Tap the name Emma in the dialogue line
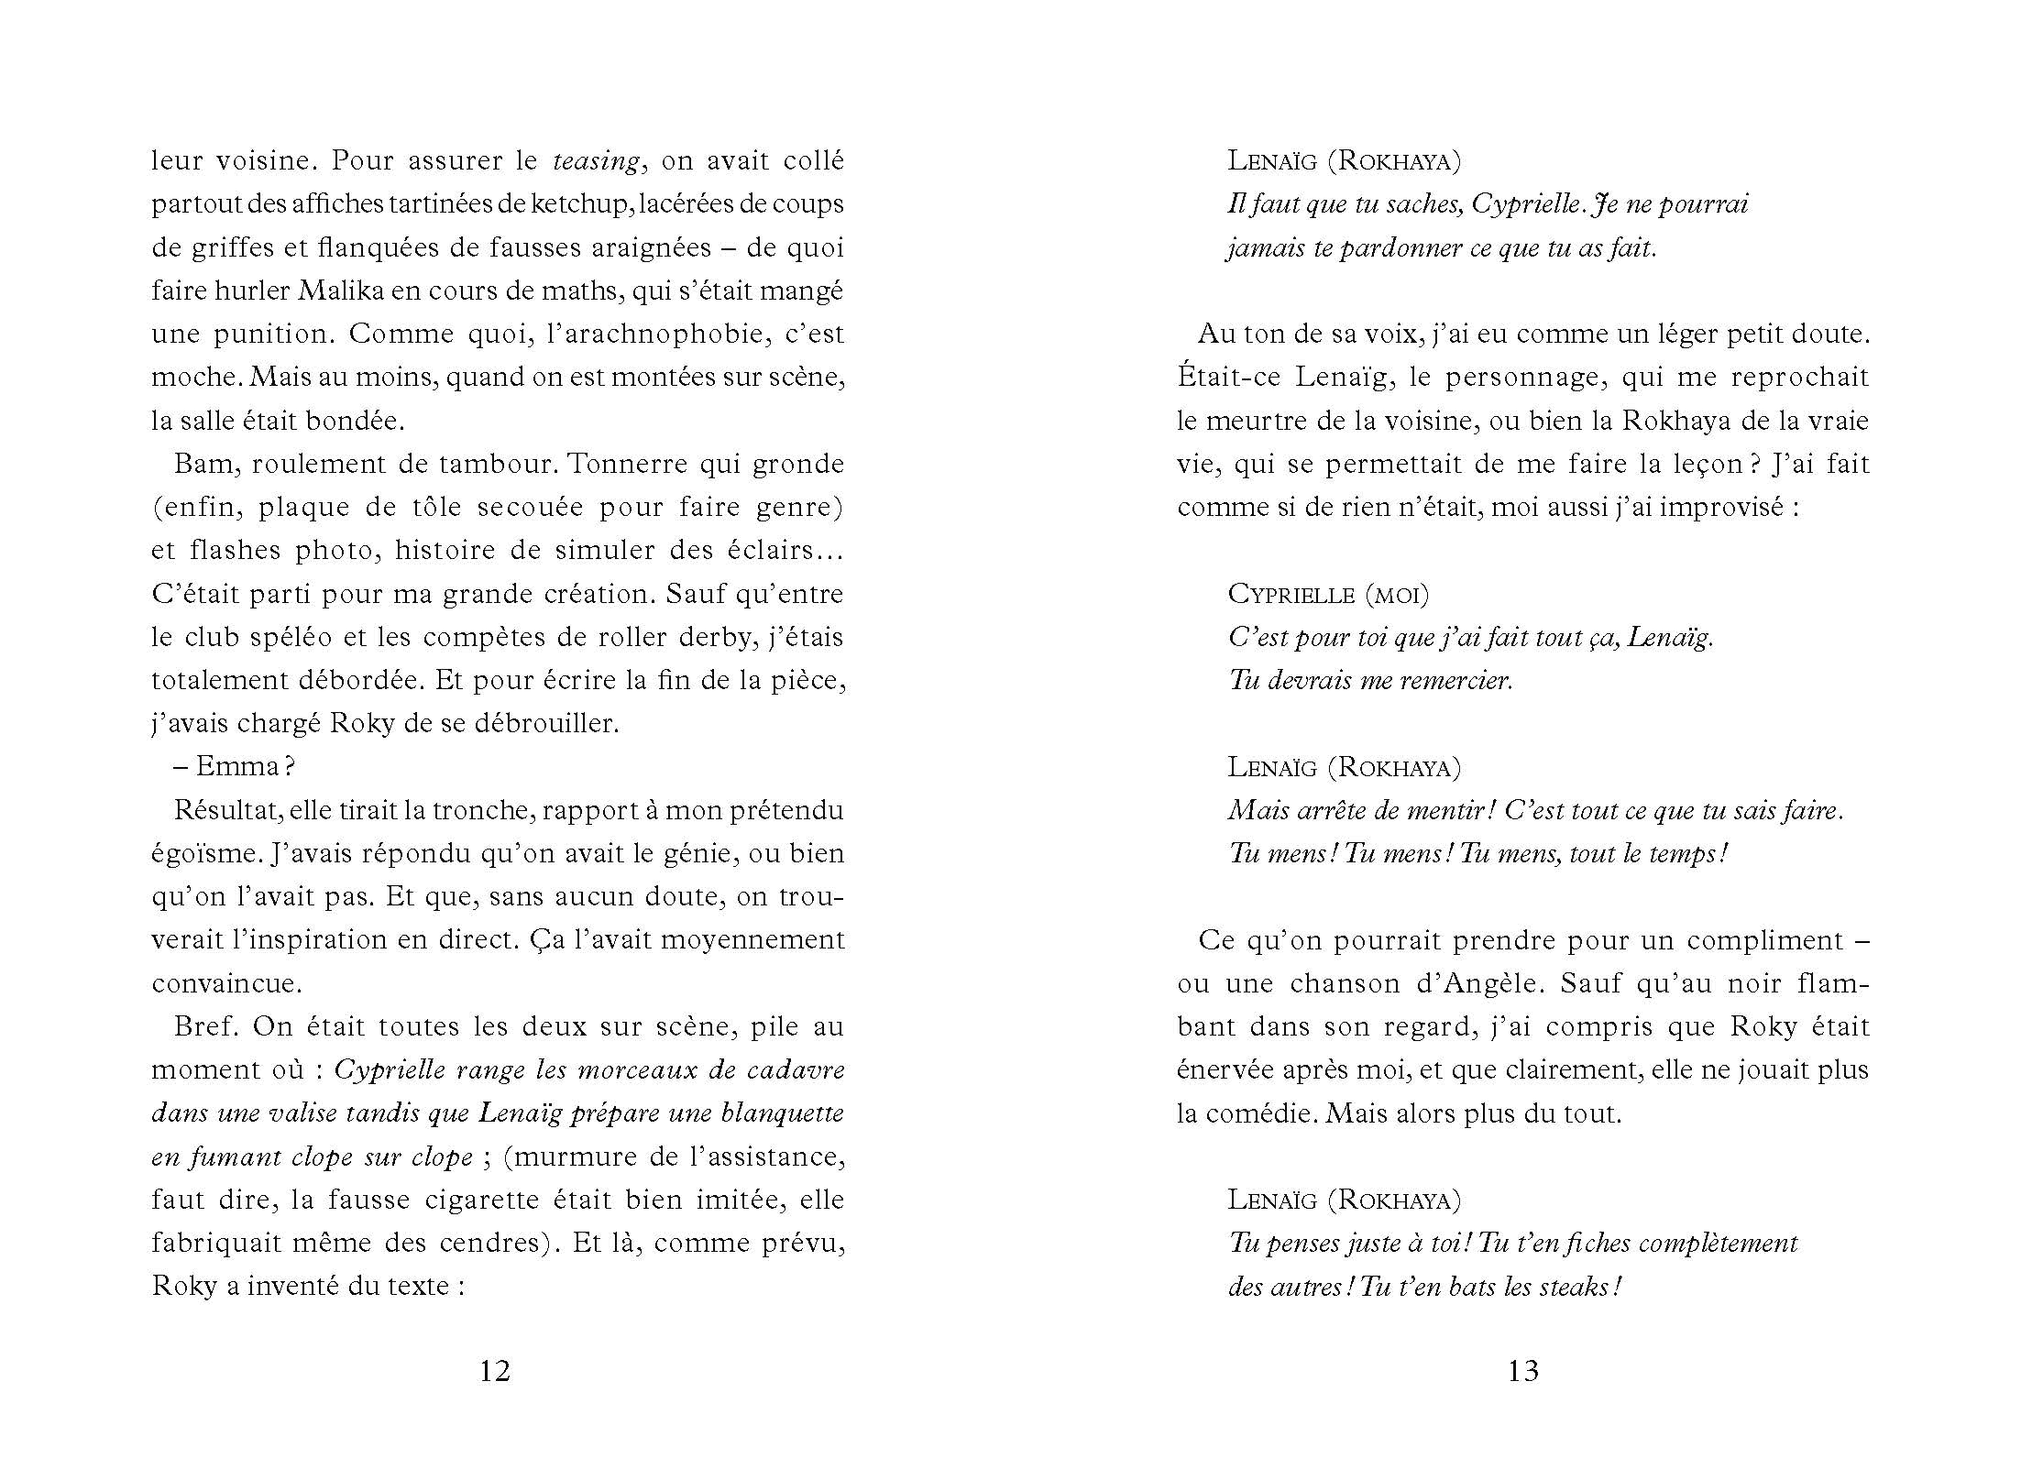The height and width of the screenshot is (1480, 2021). click(238, 767)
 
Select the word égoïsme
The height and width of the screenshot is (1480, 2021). click(203, 854)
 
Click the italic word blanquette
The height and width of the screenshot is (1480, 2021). click(783, 1113)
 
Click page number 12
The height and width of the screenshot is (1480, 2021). click(495, 1372)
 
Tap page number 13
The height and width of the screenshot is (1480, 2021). click(1523, 1372)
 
